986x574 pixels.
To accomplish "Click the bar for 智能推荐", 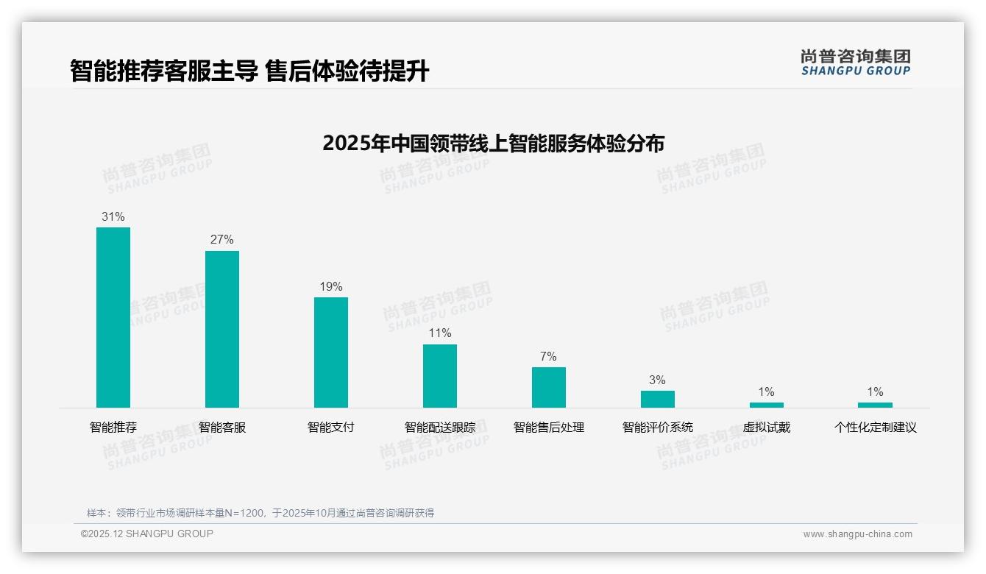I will coord(113,317).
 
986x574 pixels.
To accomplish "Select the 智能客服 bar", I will coord(222,329).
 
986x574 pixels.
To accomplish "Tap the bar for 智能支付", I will coord(331,352).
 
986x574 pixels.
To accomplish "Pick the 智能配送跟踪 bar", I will coord(440,376).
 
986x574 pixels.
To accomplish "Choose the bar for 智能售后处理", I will coord(549,387).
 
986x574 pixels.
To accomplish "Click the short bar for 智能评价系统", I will coord(657,399).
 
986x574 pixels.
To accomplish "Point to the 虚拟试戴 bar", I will coord(766,405).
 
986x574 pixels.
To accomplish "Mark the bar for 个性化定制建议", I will coord(875,405).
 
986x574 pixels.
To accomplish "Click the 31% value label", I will coord(113,217).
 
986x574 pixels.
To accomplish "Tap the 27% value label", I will coord(222,240).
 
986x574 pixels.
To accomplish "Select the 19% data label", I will coord(331,287).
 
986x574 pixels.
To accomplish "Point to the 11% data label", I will coord(440,333).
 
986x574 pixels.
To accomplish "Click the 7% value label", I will coord(549,357).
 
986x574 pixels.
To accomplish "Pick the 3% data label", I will coord(657,380).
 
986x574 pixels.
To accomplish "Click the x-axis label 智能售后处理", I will coord(549,428).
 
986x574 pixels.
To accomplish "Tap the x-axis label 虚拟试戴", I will coord(766,428).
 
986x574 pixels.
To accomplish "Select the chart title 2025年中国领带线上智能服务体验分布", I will coord(493,143).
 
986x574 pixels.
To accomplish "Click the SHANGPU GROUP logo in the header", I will coord(856,63).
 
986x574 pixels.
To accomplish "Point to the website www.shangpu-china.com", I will coord(857,534).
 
